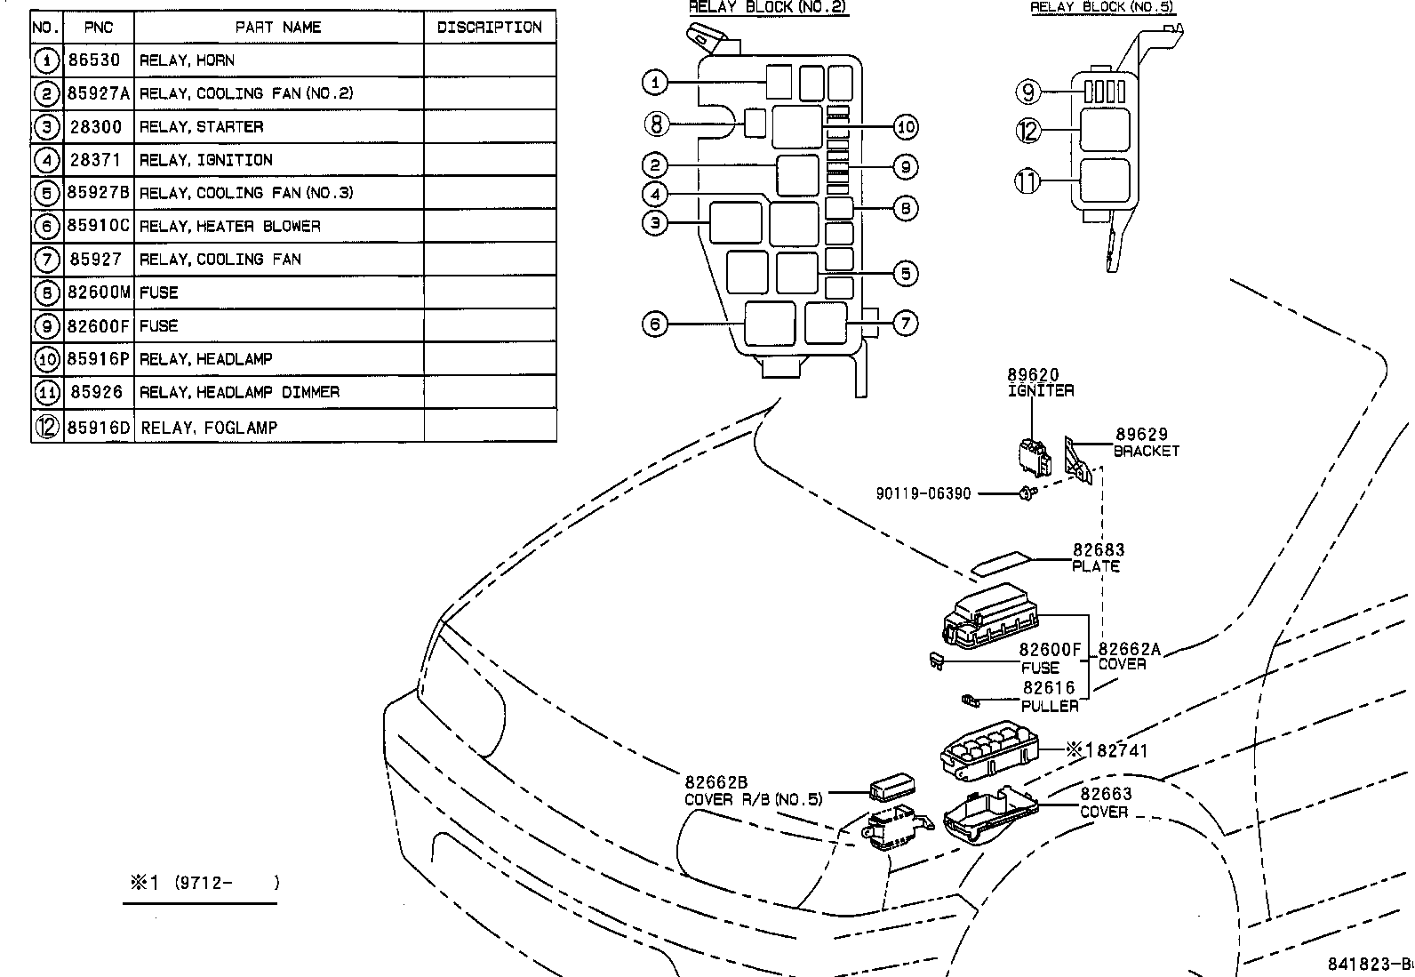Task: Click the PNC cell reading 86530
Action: coord(94,60)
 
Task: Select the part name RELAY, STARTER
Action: coord(202,127)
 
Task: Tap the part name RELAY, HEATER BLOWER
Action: coord(230,227)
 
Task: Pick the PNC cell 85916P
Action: coord(98,359)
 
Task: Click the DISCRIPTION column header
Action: coord(489,28)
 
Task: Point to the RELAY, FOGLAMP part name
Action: coord(209,428)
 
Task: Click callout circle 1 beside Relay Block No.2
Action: coord(655,83)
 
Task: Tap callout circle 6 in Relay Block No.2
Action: coord(655,324)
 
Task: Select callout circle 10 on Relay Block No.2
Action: coord(905,127)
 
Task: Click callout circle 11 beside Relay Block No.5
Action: coord(1027,181)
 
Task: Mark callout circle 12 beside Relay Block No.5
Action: coord(1027,131)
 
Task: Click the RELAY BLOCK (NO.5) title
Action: coord(1102,7)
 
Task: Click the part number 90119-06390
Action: coord(923,493)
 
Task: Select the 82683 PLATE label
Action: coord(1097,558)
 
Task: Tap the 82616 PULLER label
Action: coord(1050,697)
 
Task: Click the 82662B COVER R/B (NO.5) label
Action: coord(753,790)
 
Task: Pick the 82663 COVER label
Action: coord(1105,803)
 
